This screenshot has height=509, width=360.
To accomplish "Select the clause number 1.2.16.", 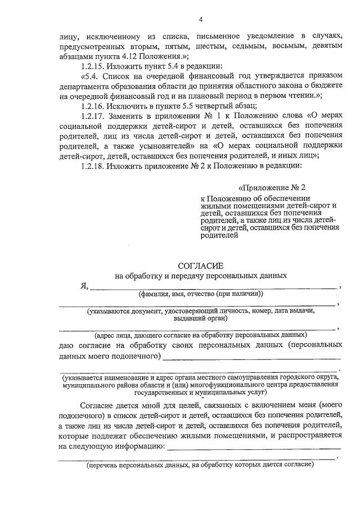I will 92,105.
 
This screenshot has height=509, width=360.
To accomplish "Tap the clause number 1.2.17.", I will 92,115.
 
